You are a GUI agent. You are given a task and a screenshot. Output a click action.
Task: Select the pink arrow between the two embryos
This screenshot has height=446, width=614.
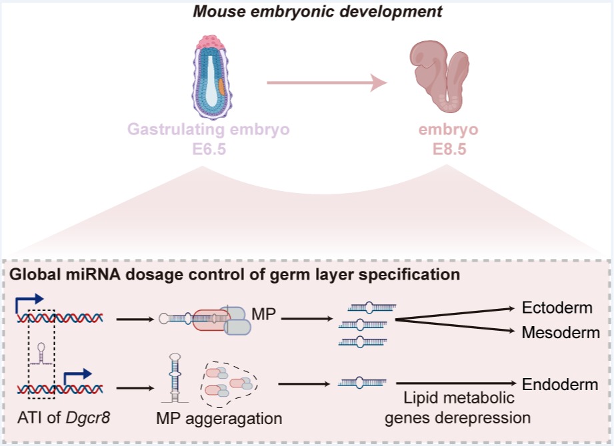coord(327,83)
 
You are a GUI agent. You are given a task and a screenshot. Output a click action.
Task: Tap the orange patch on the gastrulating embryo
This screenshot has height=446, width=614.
coord(221,87)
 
